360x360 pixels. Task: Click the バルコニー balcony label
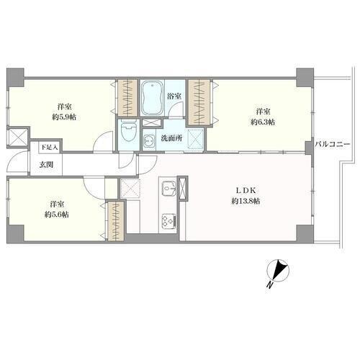333,145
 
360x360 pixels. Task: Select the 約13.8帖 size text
246,201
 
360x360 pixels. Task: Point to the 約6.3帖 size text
263,122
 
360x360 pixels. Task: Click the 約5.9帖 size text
64,117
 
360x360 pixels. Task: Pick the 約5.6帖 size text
57,215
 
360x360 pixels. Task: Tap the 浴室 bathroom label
174,96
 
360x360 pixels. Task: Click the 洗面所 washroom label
171,138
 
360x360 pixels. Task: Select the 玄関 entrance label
46,165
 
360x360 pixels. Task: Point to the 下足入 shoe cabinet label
50,147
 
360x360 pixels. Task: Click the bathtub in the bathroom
152,99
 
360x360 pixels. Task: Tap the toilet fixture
129,132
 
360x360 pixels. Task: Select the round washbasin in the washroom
149,140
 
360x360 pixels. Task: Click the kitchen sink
169,187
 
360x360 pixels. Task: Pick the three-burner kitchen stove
169,222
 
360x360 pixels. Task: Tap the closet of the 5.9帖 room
127,98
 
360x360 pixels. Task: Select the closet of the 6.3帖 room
199,102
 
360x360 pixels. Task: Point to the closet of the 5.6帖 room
116,221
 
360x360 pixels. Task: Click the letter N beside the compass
271,285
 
